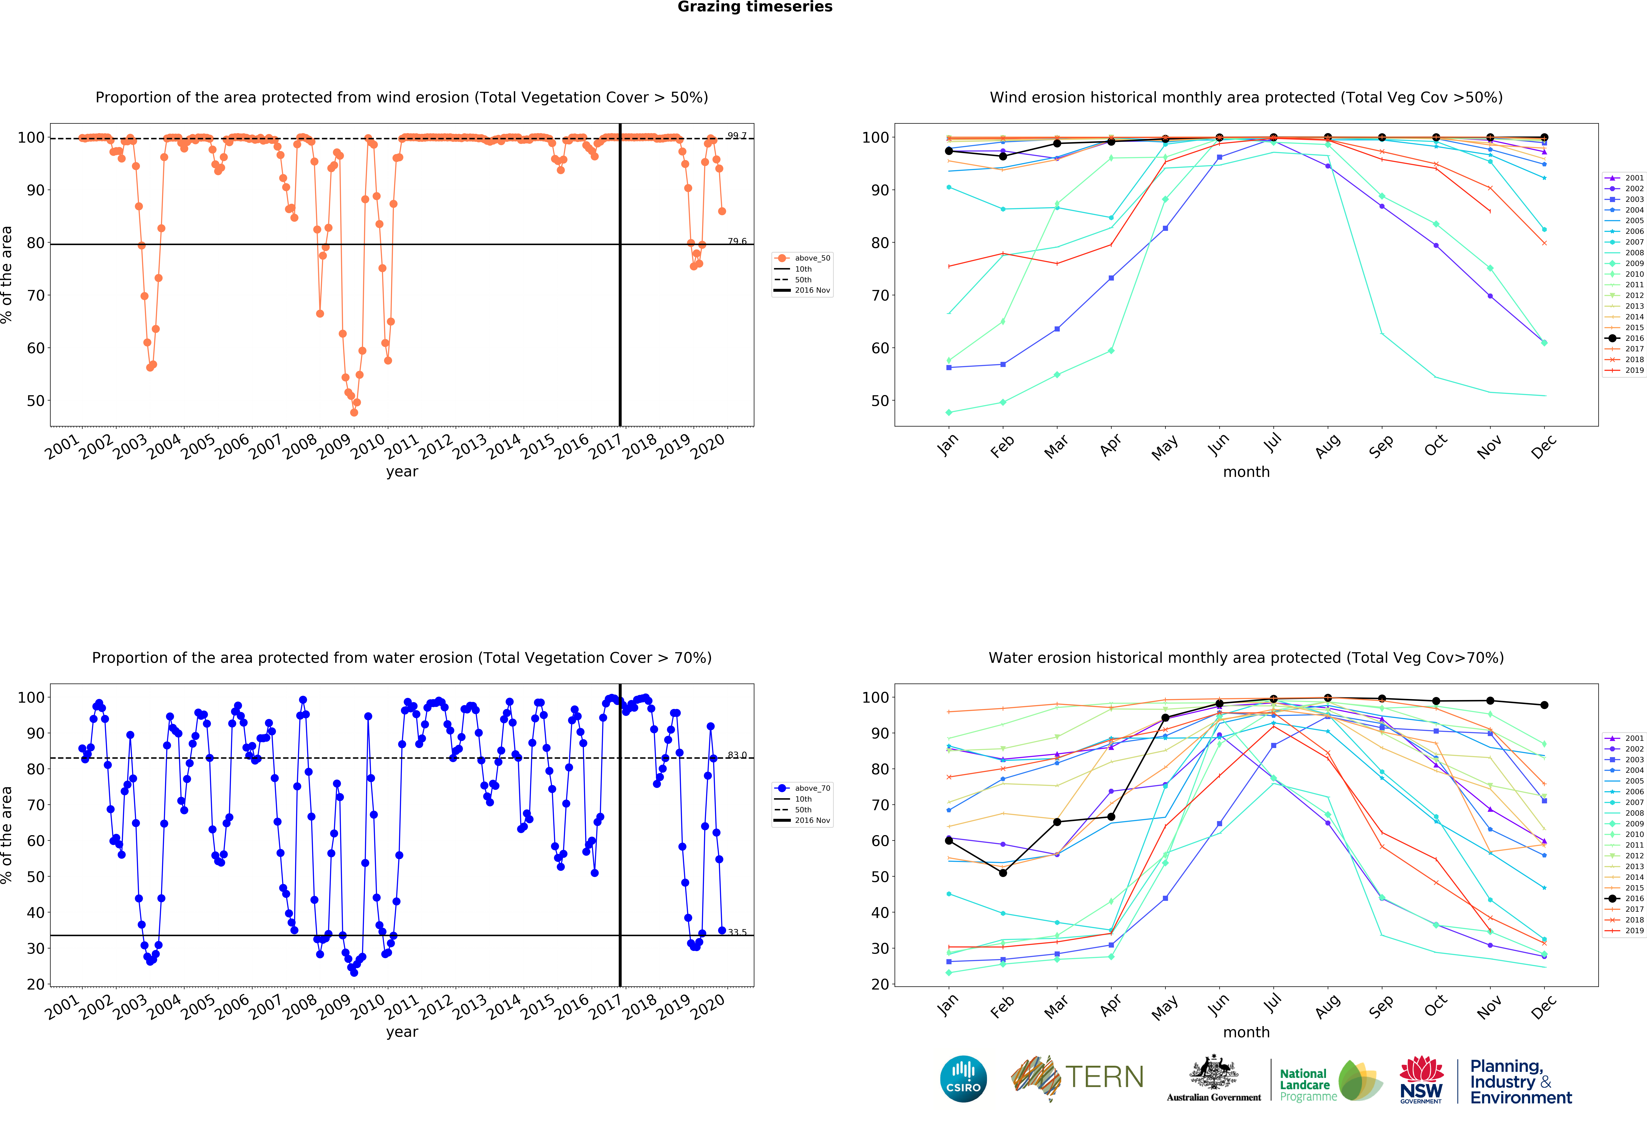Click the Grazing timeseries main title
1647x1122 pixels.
tap(755, 7)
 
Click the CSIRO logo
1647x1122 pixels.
tap(963, 1079)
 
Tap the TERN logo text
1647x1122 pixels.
tap(1104, 1077)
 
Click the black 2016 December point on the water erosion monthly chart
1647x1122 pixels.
tap(1544, 705)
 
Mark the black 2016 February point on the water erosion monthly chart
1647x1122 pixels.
tap(1003, 873)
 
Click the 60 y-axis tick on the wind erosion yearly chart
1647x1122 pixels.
tap(35, 348)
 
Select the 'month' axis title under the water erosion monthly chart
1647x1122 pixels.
tap(1246, 1032)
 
